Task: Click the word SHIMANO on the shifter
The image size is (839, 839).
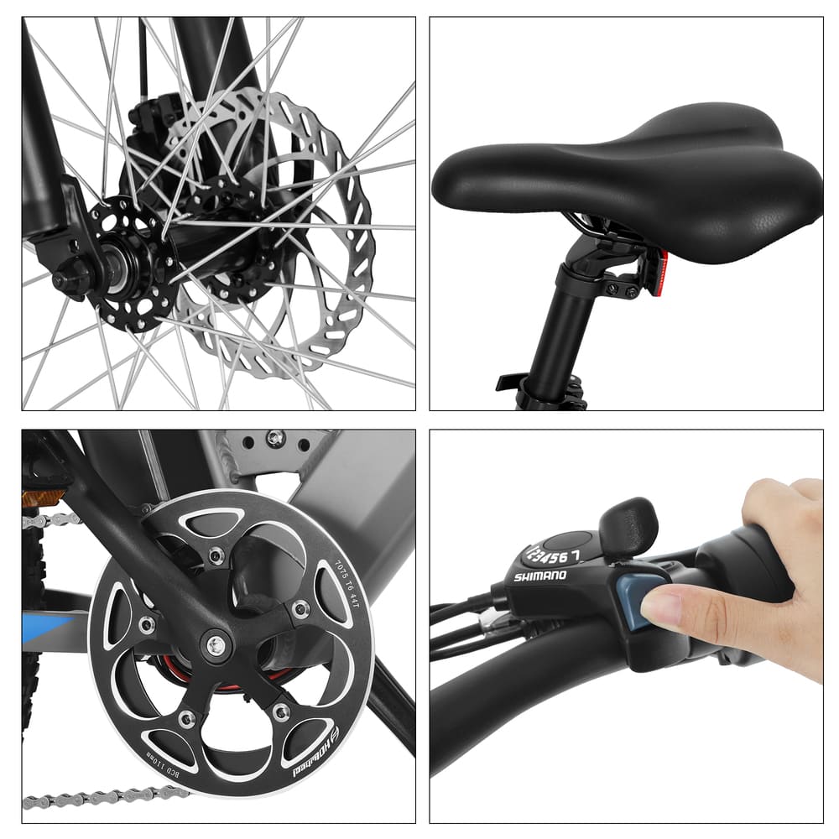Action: [x=539, y=576]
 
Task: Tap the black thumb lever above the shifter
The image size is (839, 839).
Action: [x=628, y=525]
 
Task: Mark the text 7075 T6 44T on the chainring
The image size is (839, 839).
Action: [x=345, y=579]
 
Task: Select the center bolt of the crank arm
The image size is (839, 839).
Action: [x=216, y=644]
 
